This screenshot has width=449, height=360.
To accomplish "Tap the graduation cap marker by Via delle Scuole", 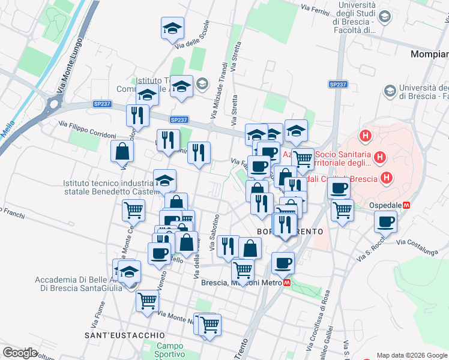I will [x=172, y=28].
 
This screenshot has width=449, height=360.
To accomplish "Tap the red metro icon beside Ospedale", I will [x=406, y=205].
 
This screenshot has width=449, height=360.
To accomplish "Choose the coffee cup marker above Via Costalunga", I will [x=385, y=221].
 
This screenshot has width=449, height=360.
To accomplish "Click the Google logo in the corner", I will [x=20, y=353].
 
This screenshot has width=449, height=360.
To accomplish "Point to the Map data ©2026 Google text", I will [x=412, y=355].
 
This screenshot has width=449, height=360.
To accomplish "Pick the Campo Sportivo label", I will [x=170, y=350].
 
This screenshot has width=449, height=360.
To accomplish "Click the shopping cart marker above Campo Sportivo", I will [x=209, y=325].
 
